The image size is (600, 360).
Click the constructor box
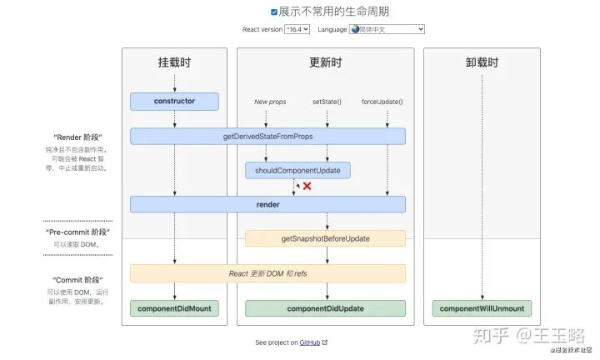click(x=174, y=102)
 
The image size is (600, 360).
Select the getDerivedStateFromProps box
click(x=267, y=136)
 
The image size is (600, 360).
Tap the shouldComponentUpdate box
click(x=297, y=170)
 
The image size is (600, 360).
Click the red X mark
click(x=307, y=186)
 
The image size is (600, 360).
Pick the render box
click(x=267, y=204)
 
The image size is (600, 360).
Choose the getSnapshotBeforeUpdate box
click(x=325, y=238)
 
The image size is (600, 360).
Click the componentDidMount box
click(x=174, y=308)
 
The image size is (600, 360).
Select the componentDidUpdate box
click(x=325, y=308)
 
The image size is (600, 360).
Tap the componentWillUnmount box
click(x=482, y=308)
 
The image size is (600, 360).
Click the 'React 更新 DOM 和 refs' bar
click(x=267, y=273)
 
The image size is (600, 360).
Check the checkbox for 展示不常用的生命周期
click(x=274, y=12)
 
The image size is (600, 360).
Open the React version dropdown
click(x=297, y=29)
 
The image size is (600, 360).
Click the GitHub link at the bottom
click(x=309, y=342)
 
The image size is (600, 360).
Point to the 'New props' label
click(x=270, y=102)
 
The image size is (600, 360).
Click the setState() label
click(x=327, y=102)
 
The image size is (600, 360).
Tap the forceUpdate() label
click(x=382, y=102)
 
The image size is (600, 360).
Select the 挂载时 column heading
click(x=174, y=62)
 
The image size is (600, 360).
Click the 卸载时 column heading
click(x=482, y=62)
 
